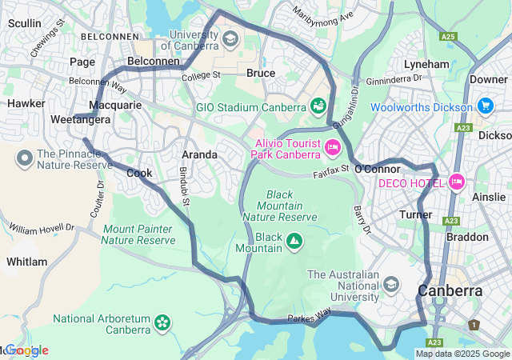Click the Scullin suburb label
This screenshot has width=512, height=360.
pos(25,24)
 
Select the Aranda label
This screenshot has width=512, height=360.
pos(199,154)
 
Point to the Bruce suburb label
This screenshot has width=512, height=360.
pos(261,73)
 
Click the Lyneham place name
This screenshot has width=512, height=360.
pos(426,64)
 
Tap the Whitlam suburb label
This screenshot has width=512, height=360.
pos(26,262)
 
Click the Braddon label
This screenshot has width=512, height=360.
pos(467,237)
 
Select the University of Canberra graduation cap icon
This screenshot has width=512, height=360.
pos(230,38)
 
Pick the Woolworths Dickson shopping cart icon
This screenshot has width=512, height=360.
pos(485,106)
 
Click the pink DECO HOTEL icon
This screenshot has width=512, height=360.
pos(457,182)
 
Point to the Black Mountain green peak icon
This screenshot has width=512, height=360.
pos(294,238)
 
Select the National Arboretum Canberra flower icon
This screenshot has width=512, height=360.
pos(163,322)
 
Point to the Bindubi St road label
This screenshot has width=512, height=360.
pos(185,186)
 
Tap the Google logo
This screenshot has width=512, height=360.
pos(26,350)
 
